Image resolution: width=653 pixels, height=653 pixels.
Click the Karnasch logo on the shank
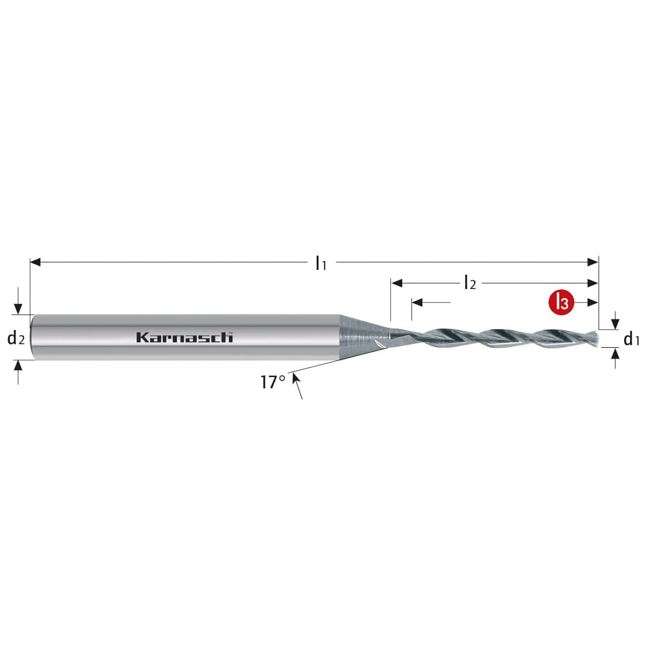(184, 337)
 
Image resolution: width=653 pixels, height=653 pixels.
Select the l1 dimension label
(321, 263)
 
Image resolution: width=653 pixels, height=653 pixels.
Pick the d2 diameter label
(16, 338)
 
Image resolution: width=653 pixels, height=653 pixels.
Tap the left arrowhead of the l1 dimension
(35, 262)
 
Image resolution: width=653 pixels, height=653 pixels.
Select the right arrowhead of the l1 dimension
(593, 262)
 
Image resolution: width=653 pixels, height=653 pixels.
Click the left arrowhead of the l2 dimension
(397, 282)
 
